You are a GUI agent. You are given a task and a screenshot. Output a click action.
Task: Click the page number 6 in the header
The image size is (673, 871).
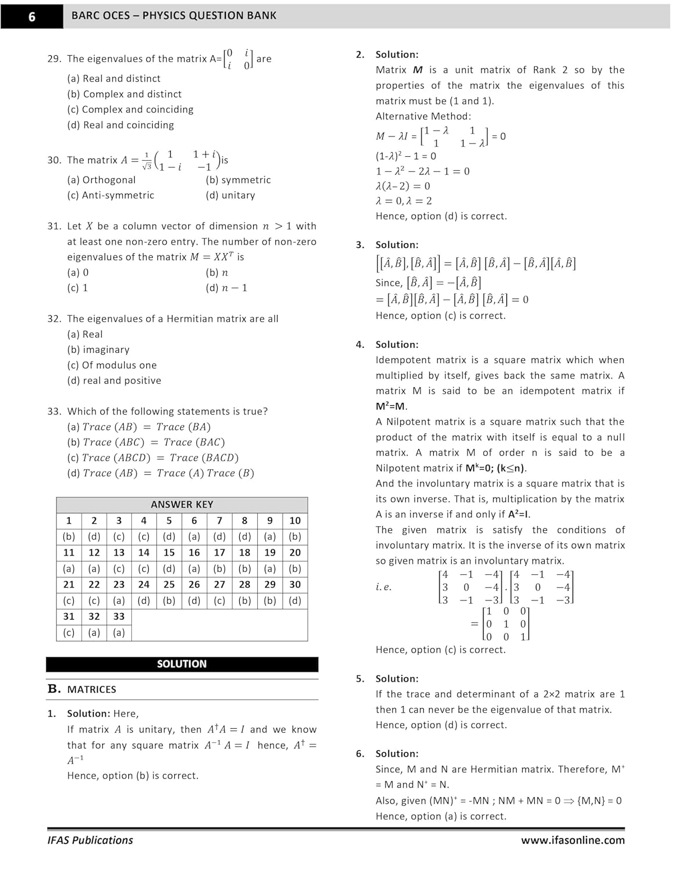click(31, 16)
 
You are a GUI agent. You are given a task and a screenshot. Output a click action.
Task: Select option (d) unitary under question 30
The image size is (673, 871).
click(230, 195)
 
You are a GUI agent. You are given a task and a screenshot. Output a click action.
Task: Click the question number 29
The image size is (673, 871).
click(54, 59)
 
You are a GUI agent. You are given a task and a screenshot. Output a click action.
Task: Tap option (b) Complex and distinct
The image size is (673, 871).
click(124, 94)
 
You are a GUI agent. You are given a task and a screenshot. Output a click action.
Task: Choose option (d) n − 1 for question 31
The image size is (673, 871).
click(226, 288)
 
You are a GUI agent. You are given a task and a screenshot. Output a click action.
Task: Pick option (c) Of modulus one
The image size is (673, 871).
click(112, 365)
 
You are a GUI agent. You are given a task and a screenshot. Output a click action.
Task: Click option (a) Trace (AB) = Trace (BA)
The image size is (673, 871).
click(139, 427)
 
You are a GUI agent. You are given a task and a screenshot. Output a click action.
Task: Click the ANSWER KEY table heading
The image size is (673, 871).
click(182, 505)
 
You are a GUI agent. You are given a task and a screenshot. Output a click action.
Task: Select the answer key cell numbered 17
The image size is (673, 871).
click(219, 553)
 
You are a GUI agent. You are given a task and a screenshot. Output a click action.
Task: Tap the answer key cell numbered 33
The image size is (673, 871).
click(119, 617)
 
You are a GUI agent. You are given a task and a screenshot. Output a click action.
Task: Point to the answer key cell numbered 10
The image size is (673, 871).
click(295, 521)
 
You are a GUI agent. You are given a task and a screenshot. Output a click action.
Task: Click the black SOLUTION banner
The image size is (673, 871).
click(182, 664)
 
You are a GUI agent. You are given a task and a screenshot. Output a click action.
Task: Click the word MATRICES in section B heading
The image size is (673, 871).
click(92, 690)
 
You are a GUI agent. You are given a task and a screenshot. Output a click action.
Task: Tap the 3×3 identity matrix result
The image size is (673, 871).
click(506, 624)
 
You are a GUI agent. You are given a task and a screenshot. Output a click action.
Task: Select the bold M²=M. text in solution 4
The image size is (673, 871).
click(391, 406)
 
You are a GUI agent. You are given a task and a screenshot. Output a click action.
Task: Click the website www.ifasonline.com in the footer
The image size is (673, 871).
click(573, 840)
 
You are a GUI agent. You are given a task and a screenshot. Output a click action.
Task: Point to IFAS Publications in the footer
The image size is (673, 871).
click(91, 840)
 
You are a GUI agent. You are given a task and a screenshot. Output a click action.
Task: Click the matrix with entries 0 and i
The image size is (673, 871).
click(239, 59)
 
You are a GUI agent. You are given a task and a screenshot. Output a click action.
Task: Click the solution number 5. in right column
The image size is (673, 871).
click(361, 679)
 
